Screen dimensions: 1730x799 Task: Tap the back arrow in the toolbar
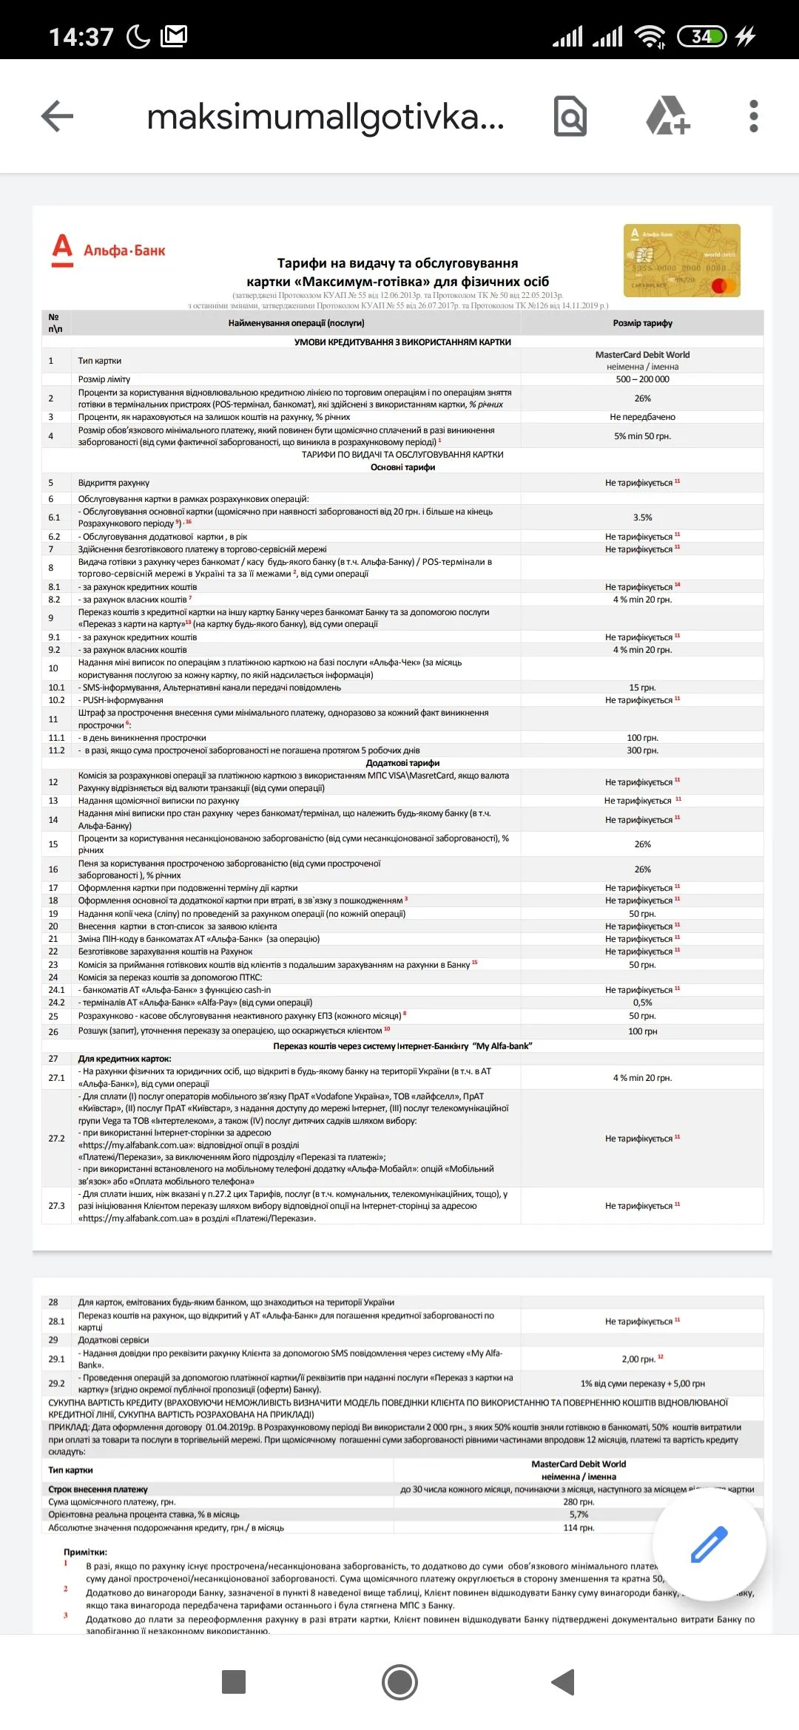tap(57, 116)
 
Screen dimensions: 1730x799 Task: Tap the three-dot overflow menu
tap(753, 116)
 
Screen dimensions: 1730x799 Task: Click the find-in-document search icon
tap(570, 116)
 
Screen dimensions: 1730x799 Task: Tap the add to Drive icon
tap(667, 116)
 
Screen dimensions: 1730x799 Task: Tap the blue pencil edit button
tap(709, 1545)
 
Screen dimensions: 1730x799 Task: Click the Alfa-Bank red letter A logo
tap(63, 250)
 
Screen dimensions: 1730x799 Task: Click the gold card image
tap(681, 260)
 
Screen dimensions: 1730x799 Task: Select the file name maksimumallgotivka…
tap(326, 117)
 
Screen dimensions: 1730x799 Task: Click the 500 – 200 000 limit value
tap(642, 379)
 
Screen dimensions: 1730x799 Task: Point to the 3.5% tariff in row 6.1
tap(642, 518)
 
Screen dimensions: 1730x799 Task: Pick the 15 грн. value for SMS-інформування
tap(642, 688)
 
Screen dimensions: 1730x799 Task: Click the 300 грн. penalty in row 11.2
tap(642, 750)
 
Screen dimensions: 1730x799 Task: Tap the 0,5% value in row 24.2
tap(642, 1003)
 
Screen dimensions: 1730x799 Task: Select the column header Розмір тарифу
tap(642, 323)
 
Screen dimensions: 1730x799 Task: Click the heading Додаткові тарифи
tap(402, 763)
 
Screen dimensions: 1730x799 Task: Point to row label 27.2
tap(56, 1139)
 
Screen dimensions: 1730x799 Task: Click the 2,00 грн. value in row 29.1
tap(638, 1359)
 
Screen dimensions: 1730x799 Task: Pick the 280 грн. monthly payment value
tap(579, 1502)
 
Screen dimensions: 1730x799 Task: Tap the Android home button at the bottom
tap(399, 1682)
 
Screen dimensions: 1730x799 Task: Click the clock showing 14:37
tap(81, 37)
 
